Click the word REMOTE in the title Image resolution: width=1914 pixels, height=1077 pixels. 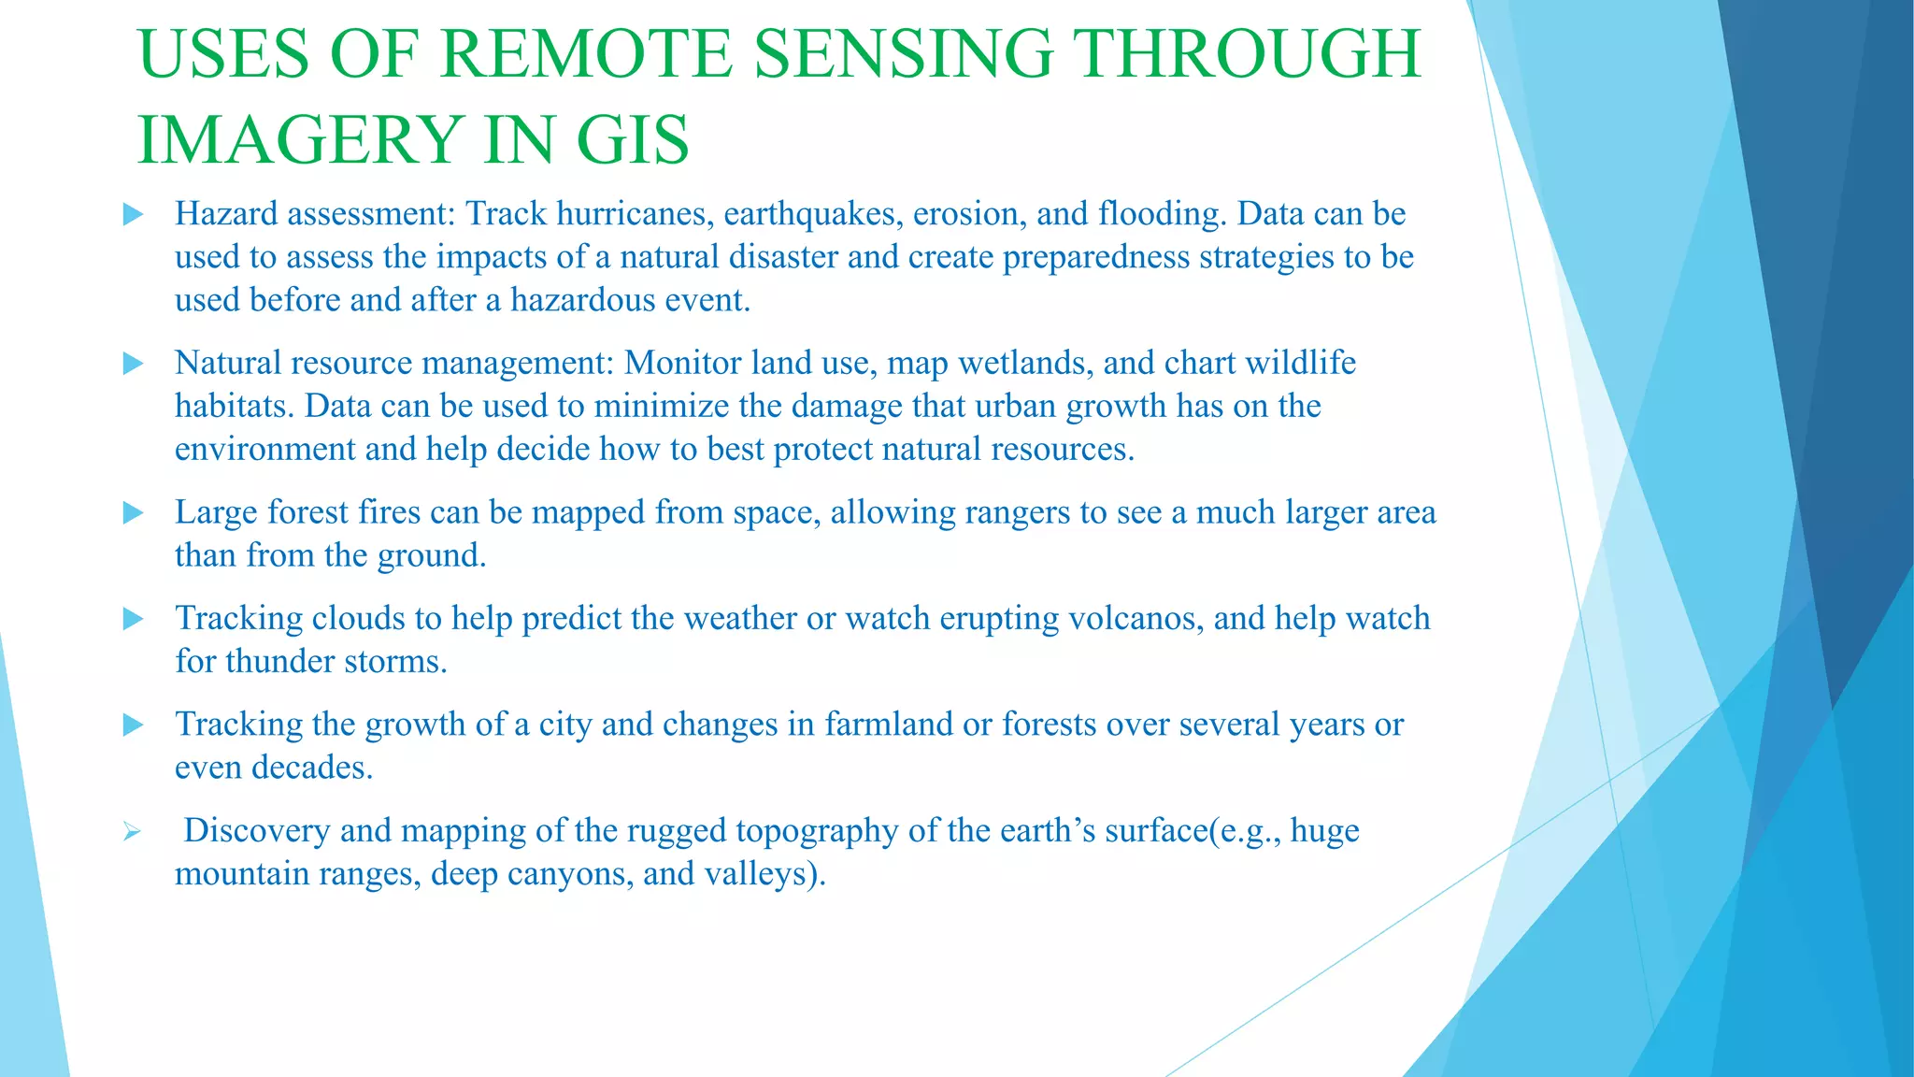[585, 54]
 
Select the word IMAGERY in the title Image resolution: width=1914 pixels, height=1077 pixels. [299, 140]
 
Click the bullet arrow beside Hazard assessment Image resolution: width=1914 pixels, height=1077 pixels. [133, 215]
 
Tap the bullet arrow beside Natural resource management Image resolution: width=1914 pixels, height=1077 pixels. [133, 364]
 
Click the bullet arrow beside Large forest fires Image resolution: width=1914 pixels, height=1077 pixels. [133, 512]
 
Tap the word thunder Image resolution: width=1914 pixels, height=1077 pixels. [279, 662]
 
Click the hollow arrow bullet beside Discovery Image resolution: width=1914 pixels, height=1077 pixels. [132, 831]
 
